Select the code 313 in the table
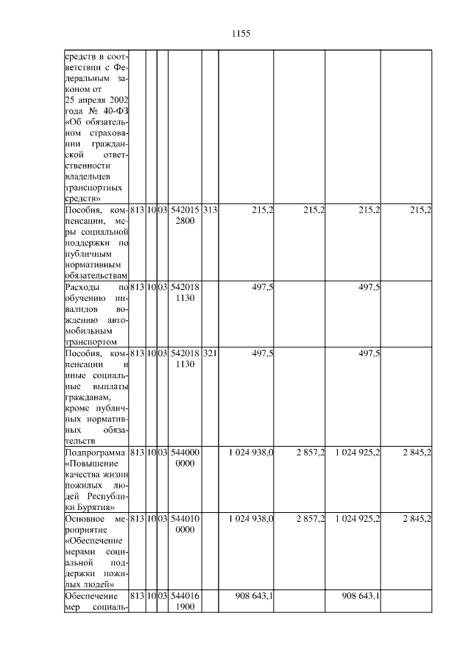(x=209, y=210)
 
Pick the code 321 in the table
(x=209, y=354)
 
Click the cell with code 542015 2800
(x=185, y=216)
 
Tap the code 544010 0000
(x=185, y=525)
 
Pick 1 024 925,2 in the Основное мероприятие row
(x=357, y=519)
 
